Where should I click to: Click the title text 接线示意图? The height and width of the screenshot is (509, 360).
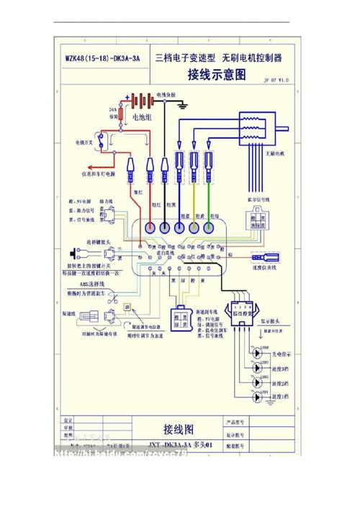216,74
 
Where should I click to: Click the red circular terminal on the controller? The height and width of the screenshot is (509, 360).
150,227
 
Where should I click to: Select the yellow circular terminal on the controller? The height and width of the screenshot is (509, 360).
194,227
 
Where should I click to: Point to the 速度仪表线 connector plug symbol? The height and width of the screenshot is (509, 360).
261,258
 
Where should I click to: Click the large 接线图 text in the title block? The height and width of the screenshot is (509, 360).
178,428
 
